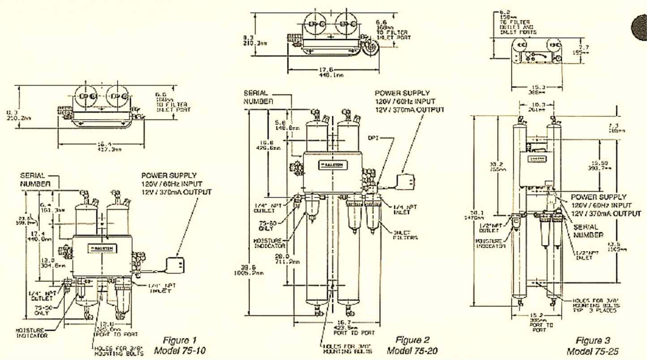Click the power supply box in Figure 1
click(176, 265)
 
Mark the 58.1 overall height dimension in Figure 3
click(483, 215)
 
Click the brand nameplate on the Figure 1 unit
click(103, 247)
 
